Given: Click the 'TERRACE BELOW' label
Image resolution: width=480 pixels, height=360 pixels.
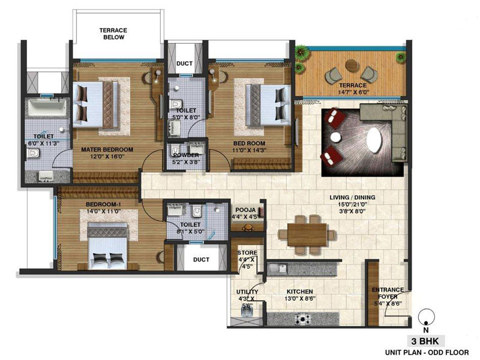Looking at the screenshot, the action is tap(113, 34).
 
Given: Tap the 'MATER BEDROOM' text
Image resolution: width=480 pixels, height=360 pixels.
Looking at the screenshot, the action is tap(107, 149).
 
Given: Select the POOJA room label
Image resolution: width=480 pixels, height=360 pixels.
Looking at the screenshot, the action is tap(245, 210).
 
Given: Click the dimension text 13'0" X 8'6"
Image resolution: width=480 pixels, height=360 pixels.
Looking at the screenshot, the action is tap(299, 298).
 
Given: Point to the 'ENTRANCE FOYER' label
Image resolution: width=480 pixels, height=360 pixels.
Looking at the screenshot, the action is tap(388, 293).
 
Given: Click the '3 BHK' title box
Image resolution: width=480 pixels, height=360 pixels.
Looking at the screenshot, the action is tap(425, 341).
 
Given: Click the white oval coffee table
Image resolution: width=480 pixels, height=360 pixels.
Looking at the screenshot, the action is tap(374, 140).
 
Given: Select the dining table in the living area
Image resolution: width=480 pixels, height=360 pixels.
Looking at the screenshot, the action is tap(307, 234).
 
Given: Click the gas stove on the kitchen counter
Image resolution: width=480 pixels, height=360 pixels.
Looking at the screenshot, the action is tap(303, 319).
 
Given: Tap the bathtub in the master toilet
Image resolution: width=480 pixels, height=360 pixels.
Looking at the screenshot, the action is tap(47, 108).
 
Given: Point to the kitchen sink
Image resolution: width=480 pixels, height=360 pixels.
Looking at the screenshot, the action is tap(277, 269).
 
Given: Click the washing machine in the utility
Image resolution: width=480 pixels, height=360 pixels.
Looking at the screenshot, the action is tap(247, 311).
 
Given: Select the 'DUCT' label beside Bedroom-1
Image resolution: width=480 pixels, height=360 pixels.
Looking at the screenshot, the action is tap(201, 260).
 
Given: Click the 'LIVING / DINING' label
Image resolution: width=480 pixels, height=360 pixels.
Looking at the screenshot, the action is tap(352, 197).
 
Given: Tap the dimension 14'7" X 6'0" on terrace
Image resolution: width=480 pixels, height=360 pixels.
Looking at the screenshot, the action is tap(352, 92).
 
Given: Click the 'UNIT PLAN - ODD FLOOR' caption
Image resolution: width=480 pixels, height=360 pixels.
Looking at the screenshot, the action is tap(427, 353).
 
